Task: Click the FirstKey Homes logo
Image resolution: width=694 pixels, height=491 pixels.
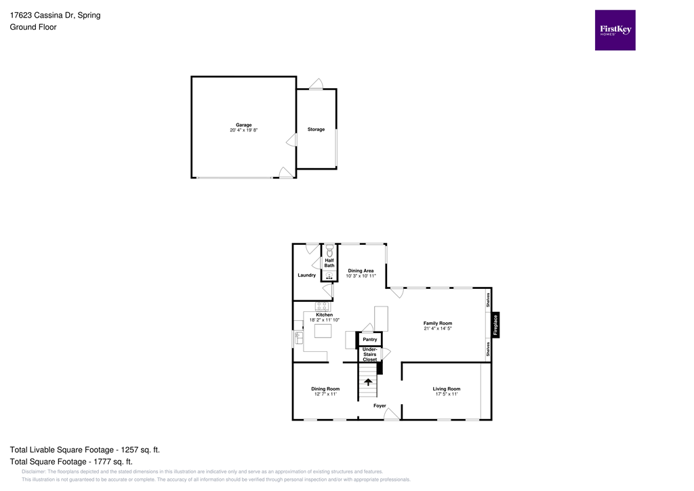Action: pos(615,30)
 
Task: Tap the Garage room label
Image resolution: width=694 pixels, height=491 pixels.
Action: pos(244,125)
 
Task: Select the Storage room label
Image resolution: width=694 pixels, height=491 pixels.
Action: pos(316,130)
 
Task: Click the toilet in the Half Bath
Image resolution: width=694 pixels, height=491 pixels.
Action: pos(329,252)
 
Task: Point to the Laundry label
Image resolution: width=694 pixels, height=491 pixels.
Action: pos(306,275)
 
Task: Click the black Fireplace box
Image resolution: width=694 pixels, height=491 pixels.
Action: pos(495,325)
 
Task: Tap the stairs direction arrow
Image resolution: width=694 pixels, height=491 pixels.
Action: pos(368,382)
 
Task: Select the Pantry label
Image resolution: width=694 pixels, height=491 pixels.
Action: pos(370,339)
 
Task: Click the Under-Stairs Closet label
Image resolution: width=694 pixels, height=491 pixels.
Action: pos(370,354)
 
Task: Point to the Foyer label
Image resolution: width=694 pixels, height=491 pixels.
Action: pos(380,406)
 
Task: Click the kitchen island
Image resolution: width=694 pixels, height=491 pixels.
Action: pos(323,331)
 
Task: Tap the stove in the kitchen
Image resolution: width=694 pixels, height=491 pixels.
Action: pos(323,307)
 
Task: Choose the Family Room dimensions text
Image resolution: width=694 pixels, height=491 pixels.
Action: pos(437,328)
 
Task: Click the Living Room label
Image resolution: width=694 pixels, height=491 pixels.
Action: pos(447,389)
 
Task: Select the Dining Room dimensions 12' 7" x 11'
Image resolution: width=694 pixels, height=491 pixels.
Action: pos(325,394)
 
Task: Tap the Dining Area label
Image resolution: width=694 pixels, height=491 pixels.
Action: pos(361,271)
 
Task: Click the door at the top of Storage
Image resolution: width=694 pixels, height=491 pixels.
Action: pos(316,85)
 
